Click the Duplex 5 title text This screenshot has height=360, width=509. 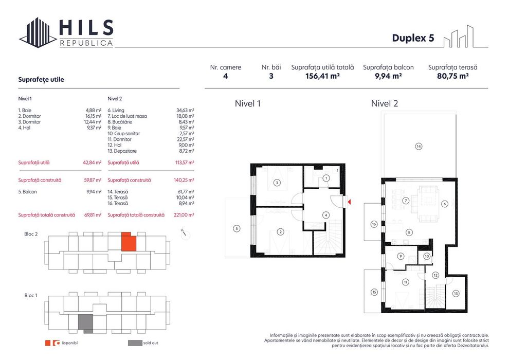point(413,38)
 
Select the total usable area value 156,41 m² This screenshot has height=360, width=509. point(322,76)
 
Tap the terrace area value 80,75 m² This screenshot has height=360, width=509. point(452,76)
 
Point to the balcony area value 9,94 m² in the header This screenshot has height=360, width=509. point(388,76)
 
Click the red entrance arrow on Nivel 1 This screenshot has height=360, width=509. point(349,202)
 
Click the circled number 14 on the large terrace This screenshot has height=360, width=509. point(419,147)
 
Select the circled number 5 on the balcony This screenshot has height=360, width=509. point(237,228)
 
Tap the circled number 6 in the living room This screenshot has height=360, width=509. point(445,204)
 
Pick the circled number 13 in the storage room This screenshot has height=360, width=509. point(456,294)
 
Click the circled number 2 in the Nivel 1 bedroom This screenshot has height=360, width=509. point(280,232)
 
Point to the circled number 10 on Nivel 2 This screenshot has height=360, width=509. point(427,256)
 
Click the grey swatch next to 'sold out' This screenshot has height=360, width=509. point(135,343)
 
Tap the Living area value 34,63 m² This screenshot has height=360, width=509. point(185,111)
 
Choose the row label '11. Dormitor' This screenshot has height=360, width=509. point(119,139)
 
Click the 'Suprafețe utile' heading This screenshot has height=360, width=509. point(41,80)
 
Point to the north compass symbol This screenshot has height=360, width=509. point(186,235)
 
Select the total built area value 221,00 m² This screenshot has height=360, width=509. point(184,215)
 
